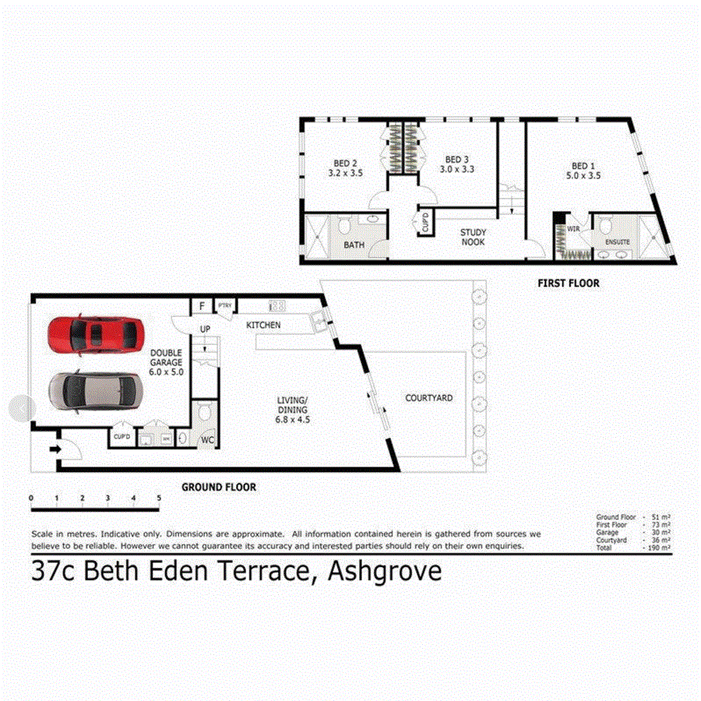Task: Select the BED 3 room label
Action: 457,164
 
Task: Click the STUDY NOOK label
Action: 473,237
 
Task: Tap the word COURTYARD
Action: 428,398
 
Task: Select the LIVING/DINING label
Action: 292,409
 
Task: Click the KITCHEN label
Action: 263,324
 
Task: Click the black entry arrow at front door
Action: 56,449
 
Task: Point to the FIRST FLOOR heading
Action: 569,284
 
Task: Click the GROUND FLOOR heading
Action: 219,488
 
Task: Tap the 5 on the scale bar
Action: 159,497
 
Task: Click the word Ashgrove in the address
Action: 385,572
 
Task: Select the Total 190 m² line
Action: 635,548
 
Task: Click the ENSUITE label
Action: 617,242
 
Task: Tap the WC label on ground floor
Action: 208,440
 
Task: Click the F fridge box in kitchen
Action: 203,305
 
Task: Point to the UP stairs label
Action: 205,329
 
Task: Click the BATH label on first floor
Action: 354,245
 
